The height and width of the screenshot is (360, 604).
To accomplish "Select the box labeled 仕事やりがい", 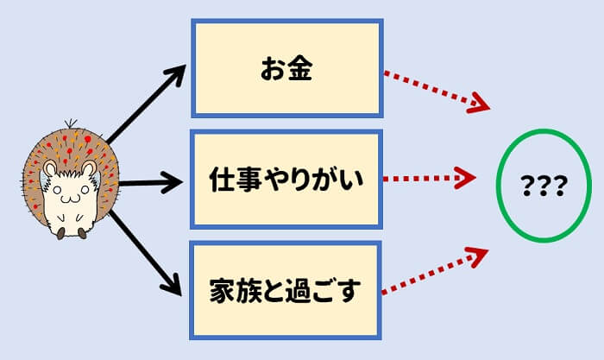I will click(286, 180).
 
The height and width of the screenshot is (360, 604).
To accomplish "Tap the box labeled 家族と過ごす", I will click(286, 290).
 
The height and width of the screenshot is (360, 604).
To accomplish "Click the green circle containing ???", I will click(543, 185).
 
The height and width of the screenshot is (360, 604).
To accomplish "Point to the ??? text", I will click(543, 186).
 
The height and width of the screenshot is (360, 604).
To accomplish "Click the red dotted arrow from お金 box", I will click(436, 90).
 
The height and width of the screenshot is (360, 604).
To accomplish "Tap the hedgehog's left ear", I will click(50, 169).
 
